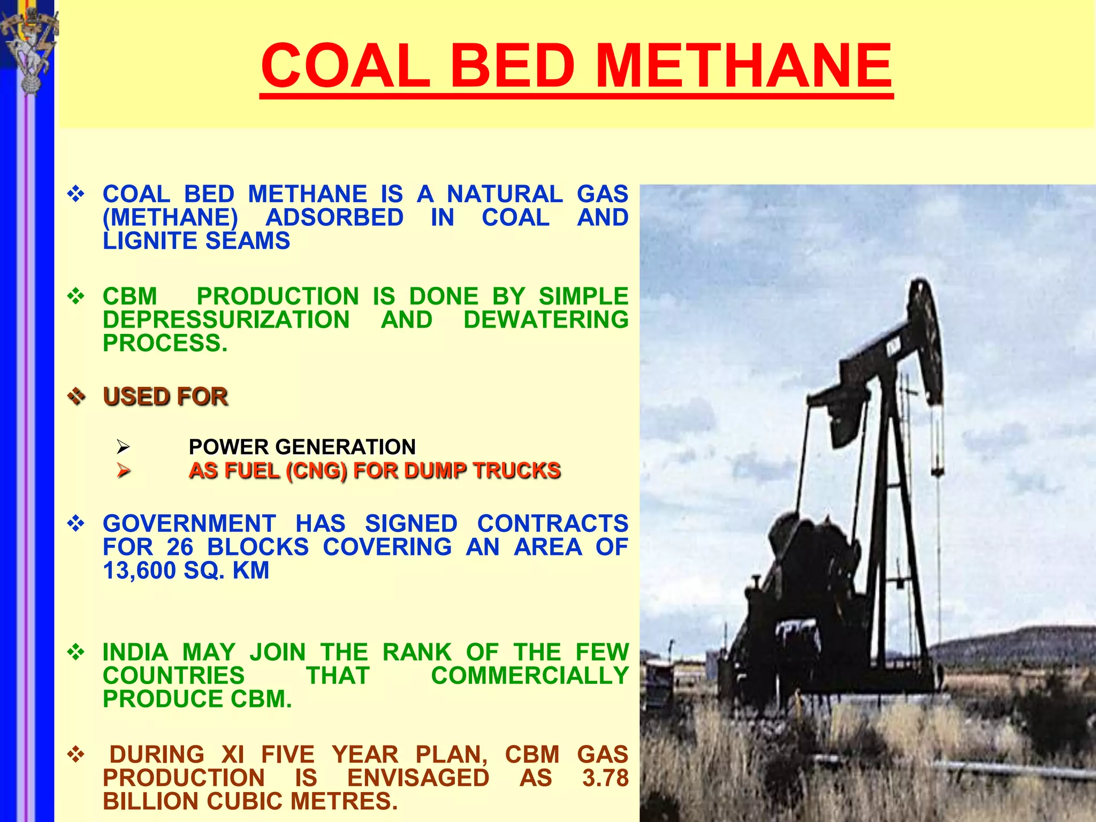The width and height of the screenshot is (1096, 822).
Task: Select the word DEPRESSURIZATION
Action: point(226,319)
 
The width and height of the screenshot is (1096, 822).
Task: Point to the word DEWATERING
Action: point(545,319)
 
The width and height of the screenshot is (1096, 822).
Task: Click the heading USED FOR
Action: point(165,397)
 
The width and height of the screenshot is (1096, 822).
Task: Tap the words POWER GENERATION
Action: point(302,447)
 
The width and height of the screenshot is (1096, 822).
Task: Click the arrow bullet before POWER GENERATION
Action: point(124,446)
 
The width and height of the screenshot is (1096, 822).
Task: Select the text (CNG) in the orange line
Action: point(316,470)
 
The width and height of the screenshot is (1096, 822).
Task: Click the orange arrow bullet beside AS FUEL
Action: point(124,470)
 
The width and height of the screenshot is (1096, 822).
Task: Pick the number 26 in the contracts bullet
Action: point(180,547)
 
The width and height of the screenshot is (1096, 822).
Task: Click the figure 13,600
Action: point(140,570)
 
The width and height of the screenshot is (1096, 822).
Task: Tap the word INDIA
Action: point(135,652)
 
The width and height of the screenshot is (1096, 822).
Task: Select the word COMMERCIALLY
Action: point(529,675)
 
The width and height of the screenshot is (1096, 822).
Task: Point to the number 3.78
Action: point(605,778)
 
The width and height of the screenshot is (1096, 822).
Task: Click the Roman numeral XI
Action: point(232,755)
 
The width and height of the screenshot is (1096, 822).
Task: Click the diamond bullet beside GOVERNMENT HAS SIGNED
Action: point(76,523)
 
